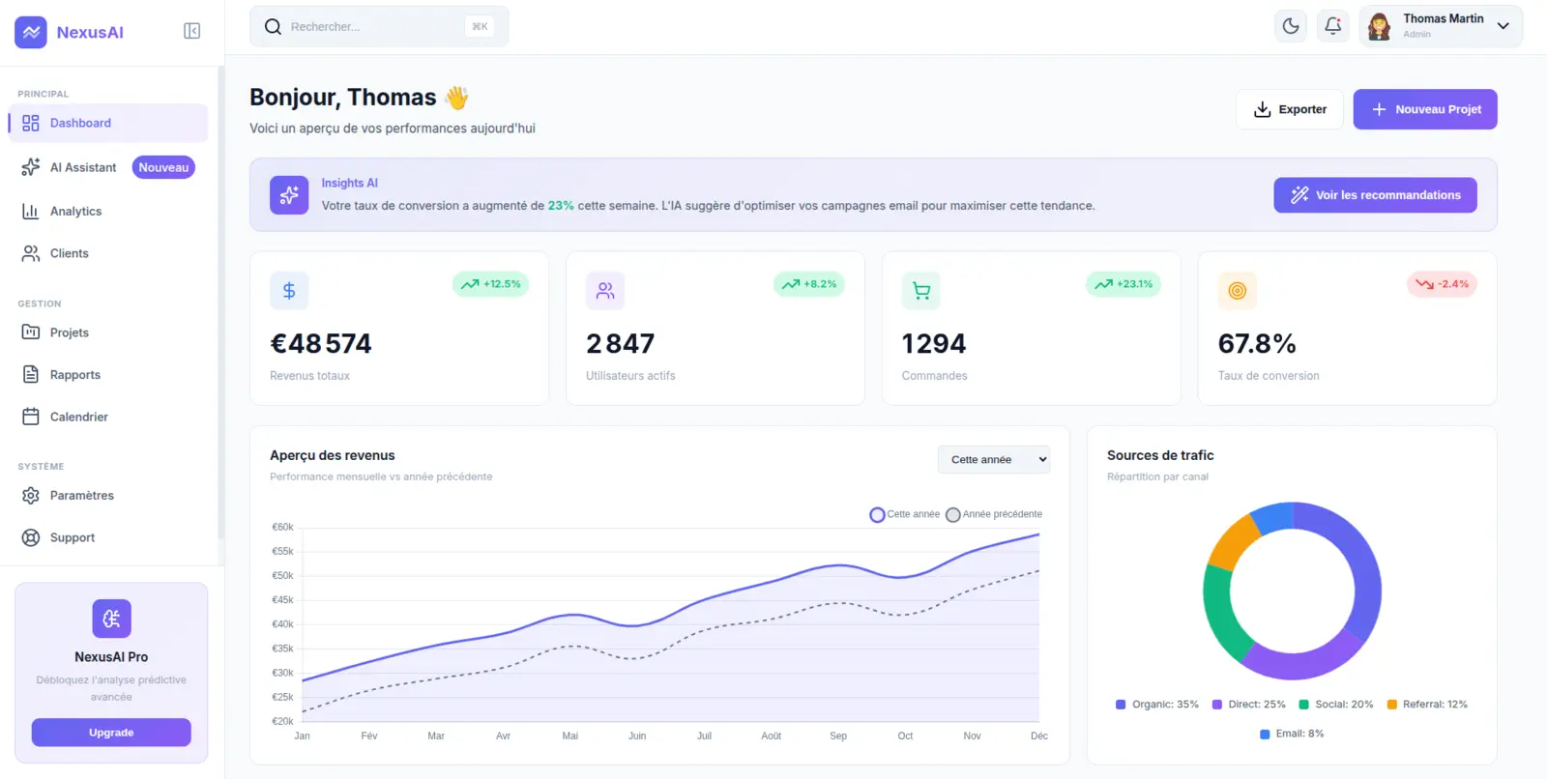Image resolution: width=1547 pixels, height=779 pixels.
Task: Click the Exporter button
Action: point(1290,109)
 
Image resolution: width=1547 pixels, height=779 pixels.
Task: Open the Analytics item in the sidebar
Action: point(75,212)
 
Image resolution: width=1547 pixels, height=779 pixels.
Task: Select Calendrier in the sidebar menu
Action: point(78,418)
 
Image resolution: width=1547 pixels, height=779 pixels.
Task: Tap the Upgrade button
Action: point(111,733)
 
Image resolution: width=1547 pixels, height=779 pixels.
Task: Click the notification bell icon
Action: point(1332,26)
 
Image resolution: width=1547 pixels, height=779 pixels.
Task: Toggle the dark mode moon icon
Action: point(1290,26)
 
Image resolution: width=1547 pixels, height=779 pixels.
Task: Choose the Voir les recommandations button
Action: point(1375,195)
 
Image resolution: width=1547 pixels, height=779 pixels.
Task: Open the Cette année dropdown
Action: point(994,459)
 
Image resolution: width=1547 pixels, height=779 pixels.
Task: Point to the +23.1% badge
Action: point(1124,284)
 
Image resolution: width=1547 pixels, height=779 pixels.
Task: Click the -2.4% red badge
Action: point(1442,284)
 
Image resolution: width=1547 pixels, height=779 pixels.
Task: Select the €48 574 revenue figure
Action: point(321,344)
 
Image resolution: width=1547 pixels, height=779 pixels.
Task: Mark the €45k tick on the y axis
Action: point(282,600)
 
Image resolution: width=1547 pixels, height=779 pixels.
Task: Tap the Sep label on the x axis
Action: point(838,736)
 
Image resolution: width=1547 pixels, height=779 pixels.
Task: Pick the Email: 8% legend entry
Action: point(1292,734)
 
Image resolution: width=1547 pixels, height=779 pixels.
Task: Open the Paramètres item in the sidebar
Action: point(81,496)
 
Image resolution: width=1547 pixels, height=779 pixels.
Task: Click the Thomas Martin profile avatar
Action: point(1380,27)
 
